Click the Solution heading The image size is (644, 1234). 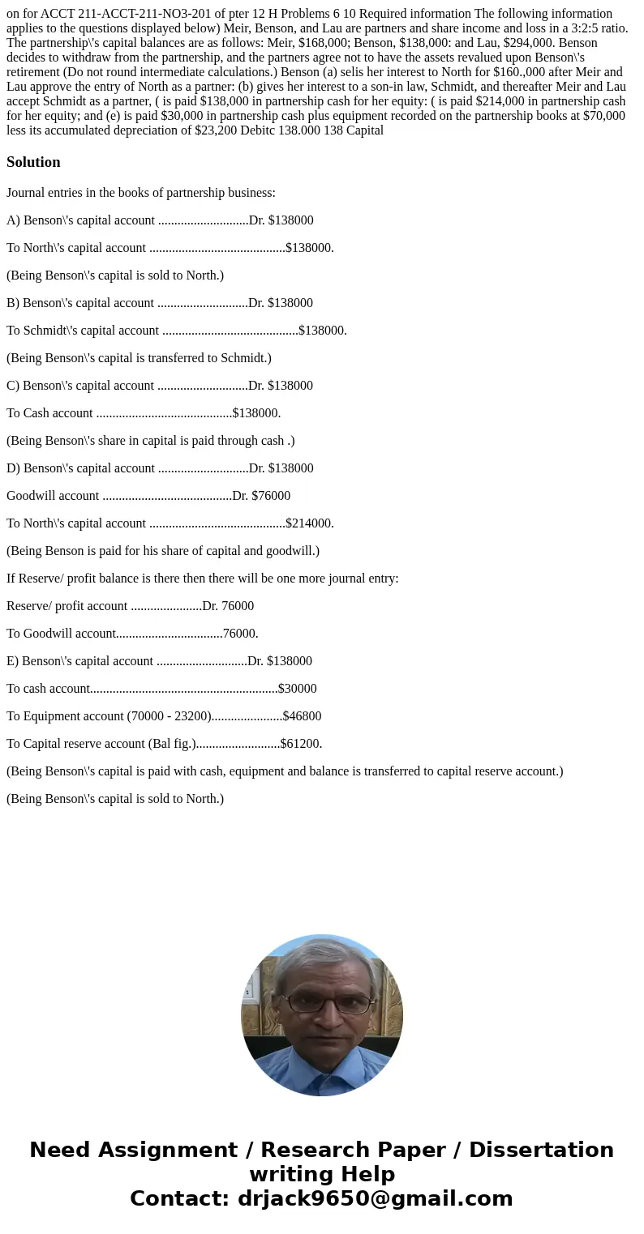33,162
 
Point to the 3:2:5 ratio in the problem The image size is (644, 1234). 590,28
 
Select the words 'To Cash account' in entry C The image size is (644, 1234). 49,413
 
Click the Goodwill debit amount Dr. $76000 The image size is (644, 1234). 261,496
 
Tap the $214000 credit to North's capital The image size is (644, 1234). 309,523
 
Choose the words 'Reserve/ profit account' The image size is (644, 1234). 67,606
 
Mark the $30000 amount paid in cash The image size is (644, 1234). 297,689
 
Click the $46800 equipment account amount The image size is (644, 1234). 302,716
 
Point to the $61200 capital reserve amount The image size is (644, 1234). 301,744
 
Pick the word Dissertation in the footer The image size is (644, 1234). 541,1150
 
